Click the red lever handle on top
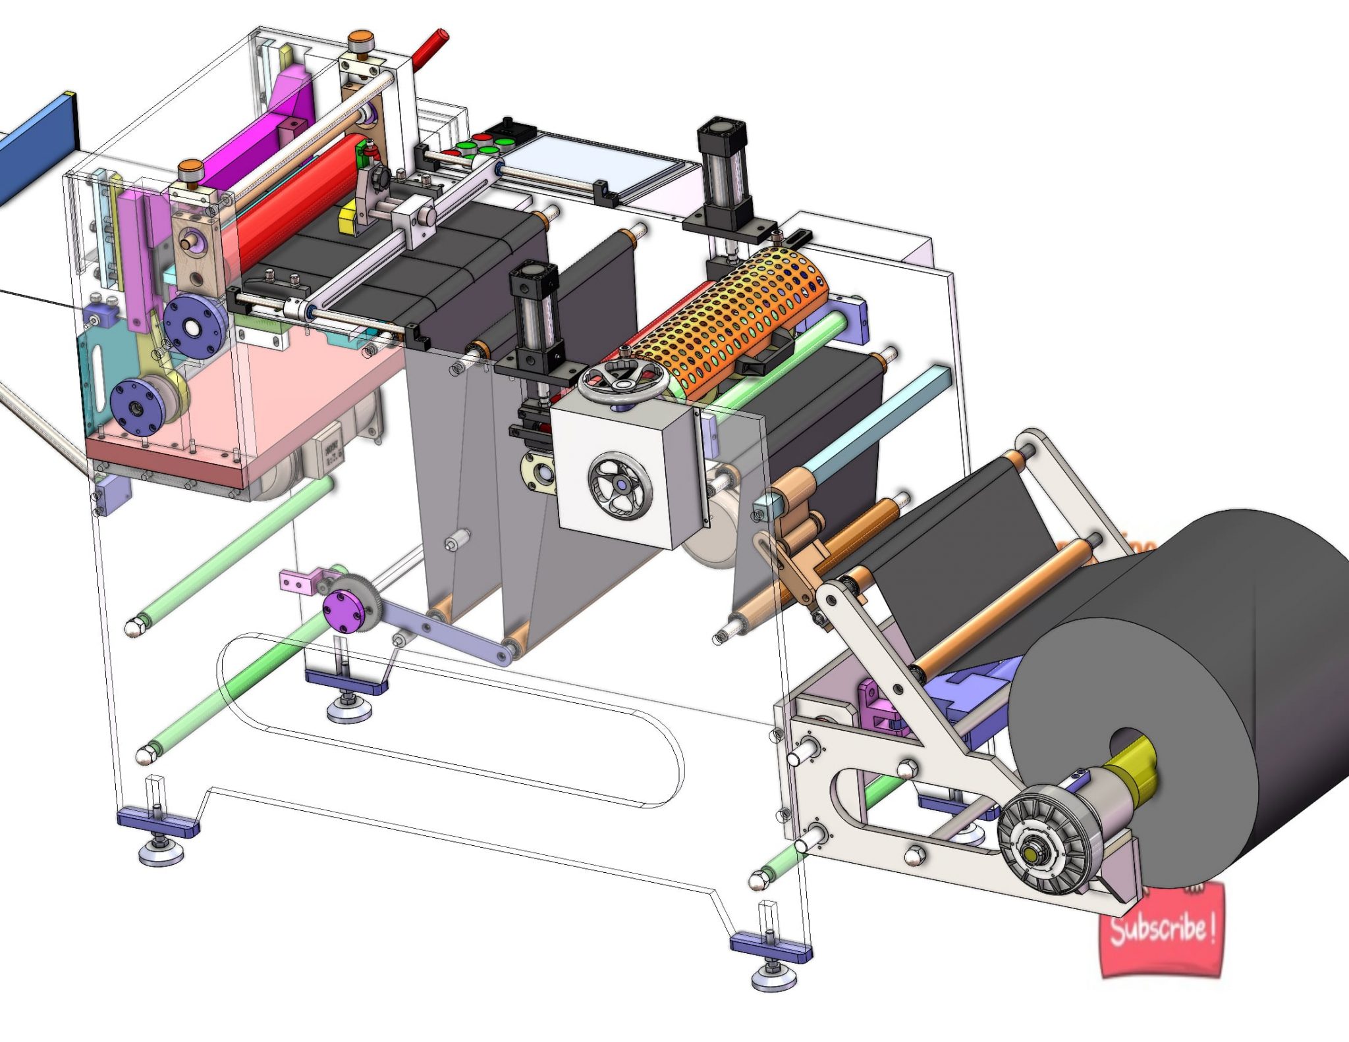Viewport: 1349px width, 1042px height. click(429, 48)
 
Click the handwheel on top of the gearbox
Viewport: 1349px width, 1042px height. click(622, 381)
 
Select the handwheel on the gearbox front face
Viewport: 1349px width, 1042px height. click(620, 486)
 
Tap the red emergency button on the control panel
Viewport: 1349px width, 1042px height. click(483, 138)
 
